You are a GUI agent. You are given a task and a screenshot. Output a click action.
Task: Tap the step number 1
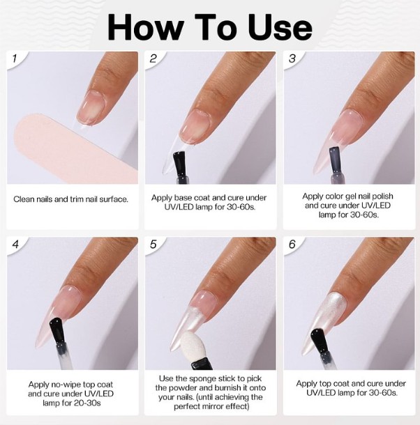(x=15, y=59)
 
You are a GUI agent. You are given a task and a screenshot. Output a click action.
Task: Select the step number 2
(x=153, y=59)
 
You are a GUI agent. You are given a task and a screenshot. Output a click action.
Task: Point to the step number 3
(x=292, y=59)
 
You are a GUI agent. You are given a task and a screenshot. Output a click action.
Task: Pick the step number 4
(x=15, y=245)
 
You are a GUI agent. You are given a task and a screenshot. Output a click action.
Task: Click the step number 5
(x=153, y=245)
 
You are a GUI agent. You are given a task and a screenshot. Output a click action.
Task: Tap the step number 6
(x=292, y=245)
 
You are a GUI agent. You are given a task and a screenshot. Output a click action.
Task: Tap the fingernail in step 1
(x=91, y=108)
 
